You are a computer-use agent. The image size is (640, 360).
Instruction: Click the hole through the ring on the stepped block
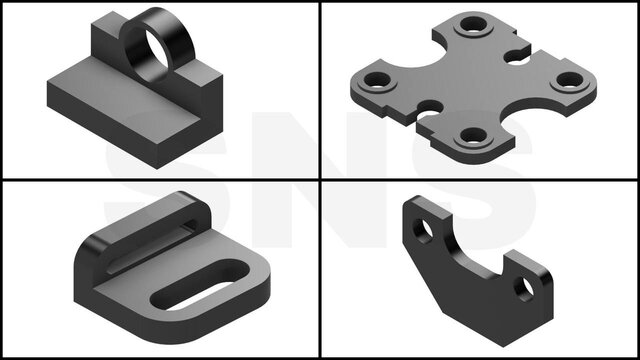[x=156, y=52]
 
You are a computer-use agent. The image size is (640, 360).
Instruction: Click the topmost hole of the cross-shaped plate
[x=473, y=24]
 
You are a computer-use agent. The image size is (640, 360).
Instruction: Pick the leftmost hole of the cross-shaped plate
[x=376, y=80]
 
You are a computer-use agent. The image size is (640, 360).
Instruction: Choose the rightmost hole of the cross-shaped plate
[x=570, y=80]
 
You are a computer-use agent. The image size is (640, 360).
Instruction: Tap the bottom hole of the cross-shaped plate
[x=473, y=136]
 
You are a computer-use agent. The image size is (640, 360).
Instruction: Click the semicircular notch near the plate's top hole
[x=517, y=56]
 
